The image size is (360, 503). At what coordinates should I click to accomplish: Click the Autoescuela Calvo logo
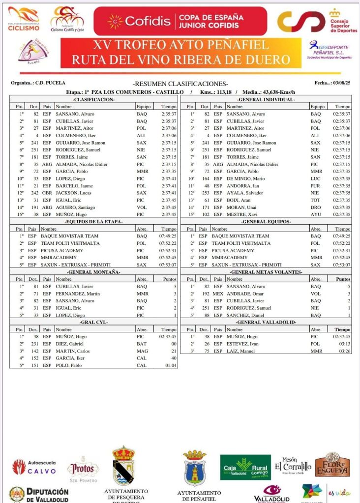tap(34, 467)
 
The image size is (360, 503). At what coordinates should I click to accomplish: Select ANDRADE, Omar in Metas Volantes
tap(242, 294)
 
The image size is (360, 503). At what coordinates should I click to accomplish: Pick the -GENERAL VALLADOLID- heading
tap(266, 322)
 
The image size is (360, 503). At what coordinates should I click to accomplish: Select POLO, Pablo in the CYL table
tap(68, 365)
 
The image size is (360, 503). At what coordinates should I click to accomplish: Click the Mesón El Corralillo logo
tap(293, 465)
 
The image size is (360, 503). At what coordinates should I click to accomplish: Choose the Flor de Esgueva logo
tap(332, 466)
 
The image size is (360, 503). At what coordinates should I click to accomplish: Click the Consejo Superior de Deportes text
tap(343, 23)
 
